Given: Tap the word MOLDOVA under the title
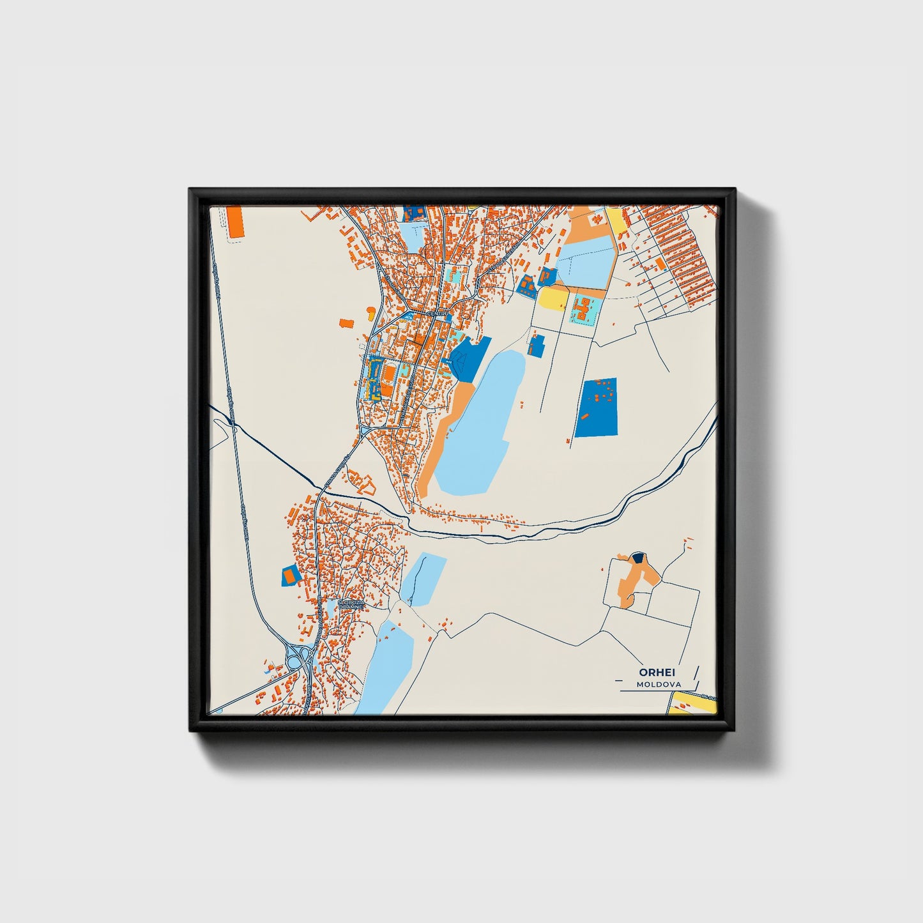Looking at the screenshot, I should tap(659, 684).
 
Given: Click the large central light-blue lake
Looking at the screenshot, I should tap(479, 428).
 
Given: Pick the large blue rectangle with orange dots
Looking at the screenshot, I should tap(597, 408).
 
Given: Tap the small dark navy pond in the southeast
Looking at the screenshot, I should tap(637, 558).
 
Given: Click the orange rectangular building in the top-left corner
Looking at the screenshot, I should tap(236, 222).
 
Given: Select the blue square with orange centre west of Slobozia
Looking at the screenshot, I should tap(291, 576).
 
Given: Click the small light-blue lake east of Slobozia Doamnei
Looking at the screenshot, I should tap(423, 579).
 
